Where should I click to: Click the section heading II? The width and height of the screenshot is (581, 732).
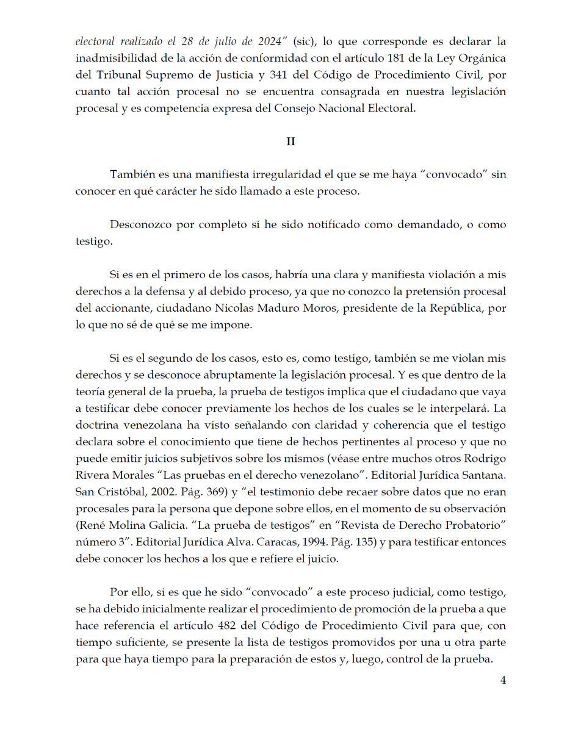pos(290,142)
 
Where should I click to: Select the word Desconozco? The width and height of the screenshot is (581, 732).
pos(140,224)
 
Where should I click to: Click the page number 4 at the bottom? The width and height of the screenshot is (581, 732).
pos(503,681)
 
